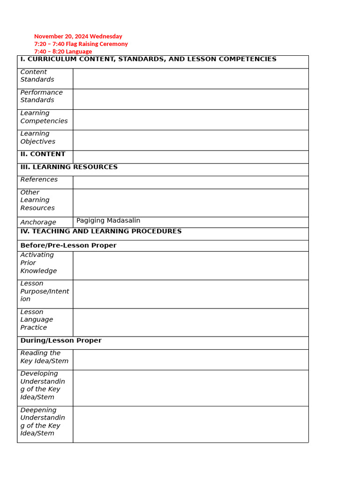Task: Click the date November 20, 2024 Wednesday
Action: pos(78,36)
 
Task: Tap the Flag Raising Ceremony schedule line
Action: pos(81,44)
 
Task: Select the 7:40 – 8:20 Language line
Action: pos(63,51)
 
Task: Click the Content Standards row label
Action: pos(37,76)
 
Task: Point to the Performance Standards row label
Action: pos(41,96)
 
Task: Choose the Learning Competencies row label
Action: pos(44,117)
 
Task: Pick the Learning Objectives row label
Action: pos(37,138)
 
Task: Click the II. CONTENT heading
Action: pos(43,154)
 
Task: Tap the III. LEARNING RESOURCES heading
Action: pos(69,167)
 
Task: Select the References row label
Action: pos(39,180)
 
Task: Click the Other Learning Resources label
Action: pos(37,200)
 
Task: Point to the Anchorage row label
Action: pos(38,222)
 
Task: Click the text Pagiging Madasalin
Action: pos(108,220)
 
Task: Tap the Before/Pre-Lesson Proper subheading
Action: pos(68,246)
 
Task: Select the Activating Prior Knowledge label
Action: pos(38,263)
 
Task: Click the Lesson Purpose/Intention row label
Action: pos(45,291)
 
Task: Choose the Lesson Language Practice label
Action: pos(37,320)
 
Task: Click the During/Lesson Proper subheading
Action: pos(61,341)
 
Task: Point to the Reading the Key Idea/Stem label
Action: pos(44,357)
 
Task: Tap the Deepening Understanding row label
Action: pos(43,422)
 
